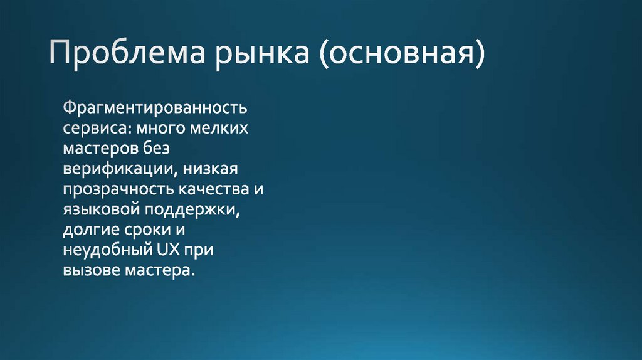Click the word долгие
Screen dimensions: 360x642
pyautogui.click(x=92, y=232)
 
